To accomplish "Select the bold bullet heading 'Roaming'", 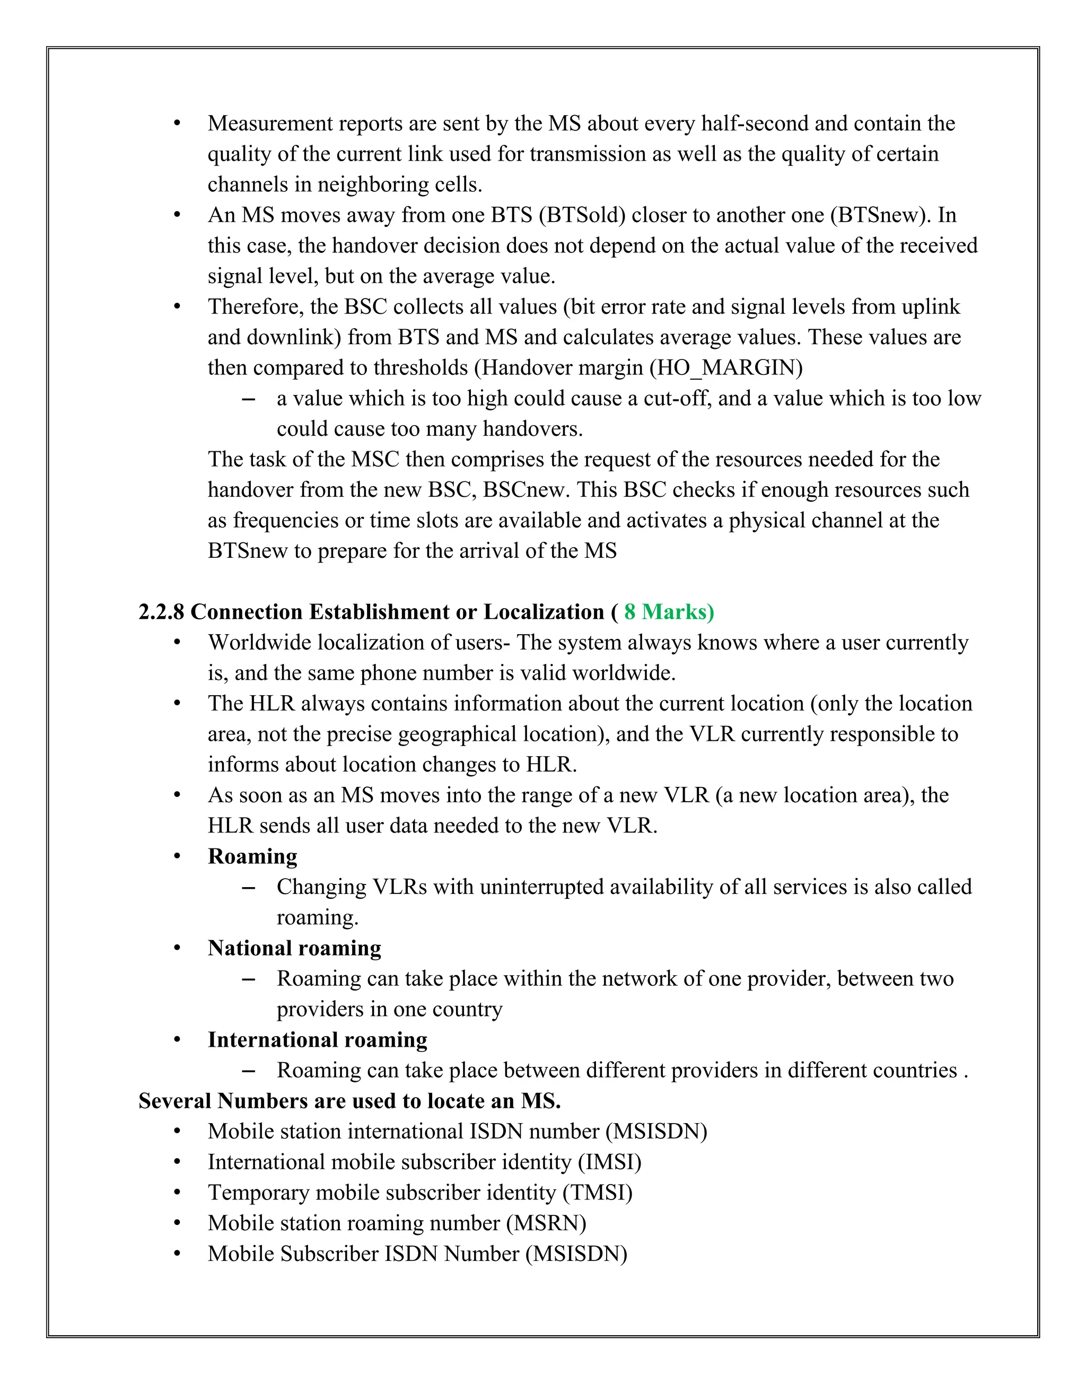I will [x=252, y=856].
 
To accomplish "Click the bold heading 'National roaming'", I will [x=294, y=948].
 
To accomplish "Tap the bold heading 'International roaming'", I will [x=317, y=1039].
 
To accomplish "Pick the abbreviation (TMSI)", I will [x=597, y=1192].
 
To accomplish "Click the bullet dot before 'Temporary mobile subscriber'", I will [x=178, y=1193].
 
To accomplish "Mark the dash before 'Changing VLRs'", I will [x=249, y=888].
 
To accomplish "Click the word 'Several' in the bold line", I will [x=176, y=1100].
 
